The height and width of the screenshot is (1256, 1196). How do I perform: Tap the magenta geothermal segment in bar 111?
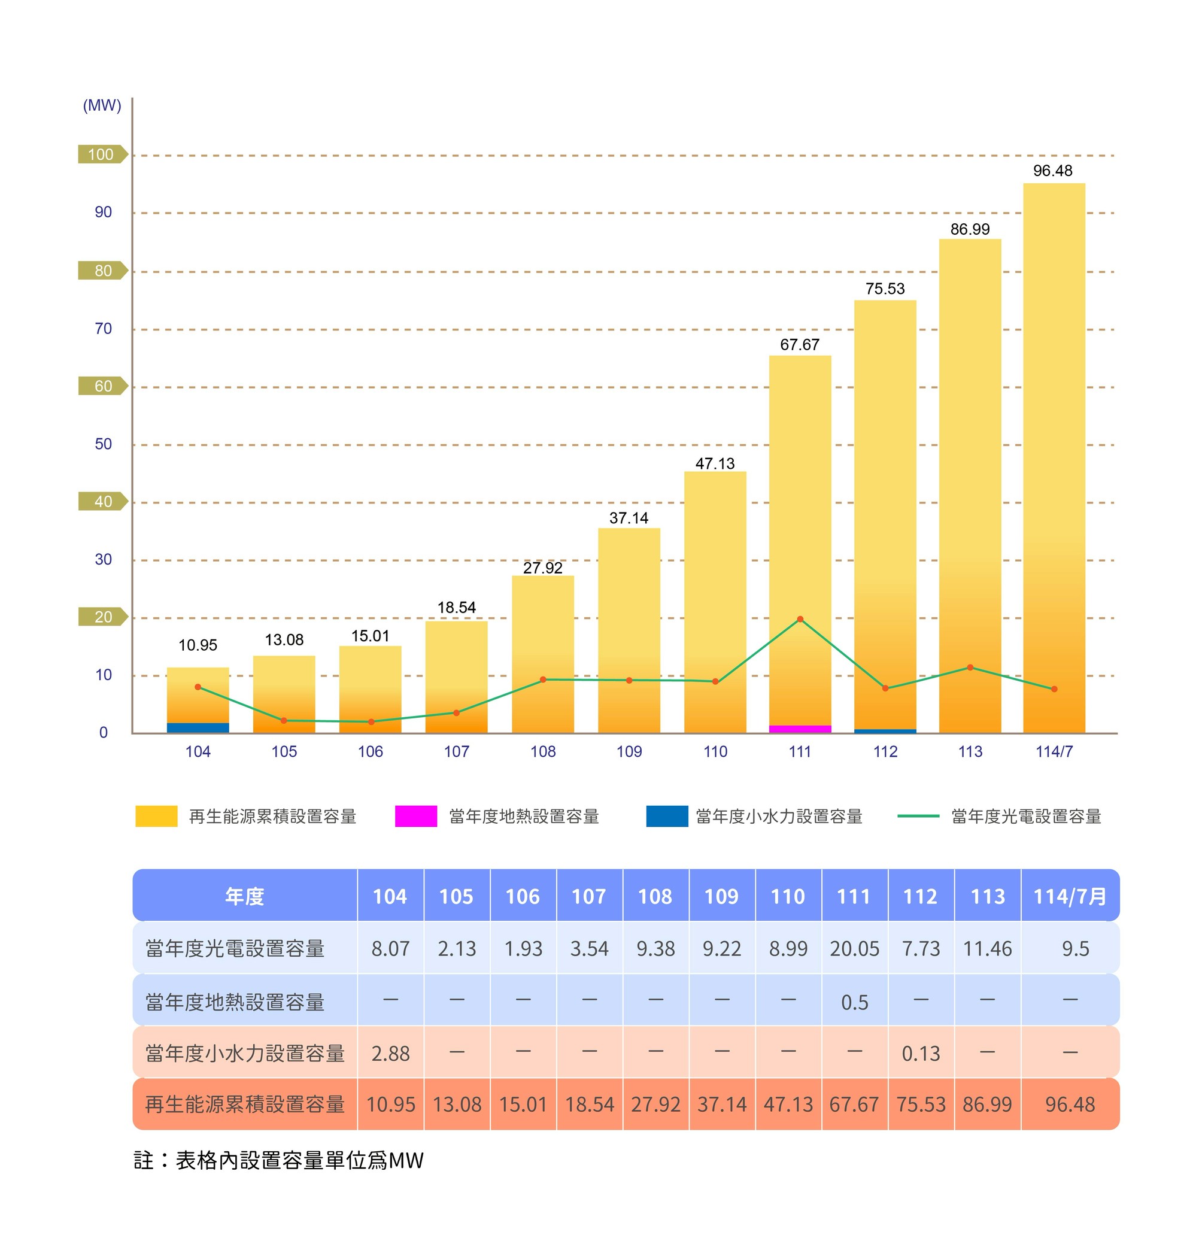[800, 729]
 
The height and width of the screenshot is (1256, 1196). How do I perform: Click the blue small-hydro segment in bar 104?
[198, 727]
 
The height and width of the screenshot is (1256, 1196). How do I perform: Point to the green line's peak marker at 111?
[800, 619]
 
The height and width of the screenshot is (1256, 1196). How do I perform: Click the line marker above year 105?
[284, 720]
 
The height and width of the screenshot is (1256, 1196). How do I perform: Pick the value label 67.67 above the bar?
[800, 345]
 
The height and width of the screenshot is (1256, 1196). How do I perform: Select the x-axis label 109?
[629, 752]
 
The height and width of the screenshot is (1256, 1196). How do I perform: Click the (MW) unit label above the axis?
[102, 106]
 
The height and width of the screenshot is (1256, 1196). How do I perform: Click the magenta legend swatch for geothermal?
[415, 816]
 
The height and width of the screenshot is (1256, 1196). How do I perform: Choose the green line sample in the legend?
[918, 816]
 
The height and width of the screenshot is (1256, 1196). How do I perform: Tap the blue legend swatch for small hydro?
[666, 816]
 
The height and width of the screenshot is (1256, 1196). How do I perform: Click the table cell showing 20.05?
[854, 949]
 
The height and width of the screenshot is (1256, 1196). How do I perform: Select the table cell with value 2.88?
[390, 1053]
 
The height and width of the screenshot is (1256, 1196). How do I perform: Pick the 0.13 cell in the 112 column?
[921, 1053]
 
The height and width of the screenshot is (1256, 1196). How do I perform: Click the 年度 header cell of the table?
[245, 896]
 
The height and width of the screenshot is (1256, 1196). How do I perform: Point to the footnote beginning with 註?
[278, 1160]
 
